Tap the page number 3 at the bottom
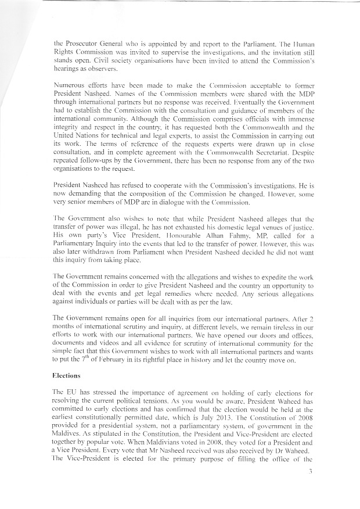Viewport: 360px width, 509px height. [311, 487]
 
